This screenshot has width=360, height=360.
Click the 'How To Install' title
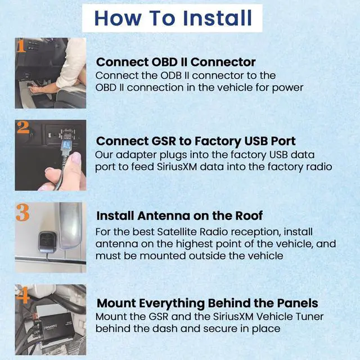pyautogui.click(x=173, y=17)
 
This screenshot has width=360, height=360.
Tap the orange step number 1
pyautogui.click(x=20, y=46)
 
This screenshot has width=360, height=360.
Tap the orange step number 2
pyautogui.click(x=22, y=128)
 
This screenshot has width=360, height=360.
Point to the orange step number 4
pyautogui.click(x=21, y=294)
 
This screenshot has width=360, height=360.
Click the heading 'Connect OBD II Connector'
pyautogui.click(x=176, y=62)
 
